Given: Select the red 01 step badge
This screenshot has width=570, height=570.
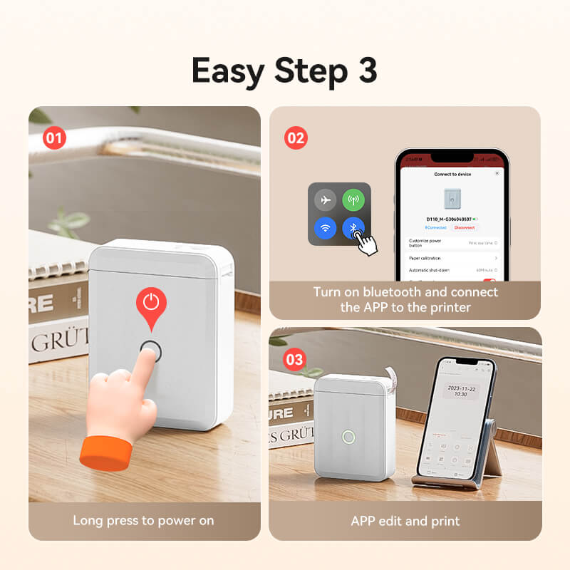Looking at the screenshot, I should pos(53,138).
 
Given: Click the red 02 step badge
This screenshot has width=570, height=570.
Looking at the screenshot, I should pos(295,137).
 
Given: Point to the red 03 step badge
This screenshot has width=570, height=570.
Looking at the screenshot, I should pos(294,359).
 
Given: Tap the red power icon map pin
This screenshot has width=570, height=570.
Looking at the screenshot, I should pos(150,304).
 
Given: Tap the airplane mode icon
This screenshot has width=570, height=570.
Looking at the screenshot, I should pos(325,200).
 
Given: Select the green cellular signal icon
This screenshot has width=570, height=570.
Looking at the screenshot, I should pos(353,200).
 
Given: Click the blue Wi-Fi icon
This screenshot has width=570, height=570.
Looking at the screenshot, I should pos(325,229).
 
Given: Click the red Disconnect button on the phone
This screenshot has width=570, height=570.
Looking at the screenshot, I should pos(465,227).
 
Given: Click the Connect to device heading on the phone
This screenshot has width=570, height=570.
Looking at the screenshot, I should pos(452,174).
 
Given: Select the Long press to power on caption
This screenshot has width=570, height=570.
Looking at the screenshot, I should pos(143,520).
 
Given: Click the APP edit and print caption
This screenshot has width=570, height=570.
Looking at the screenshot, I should pos(405,520).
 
